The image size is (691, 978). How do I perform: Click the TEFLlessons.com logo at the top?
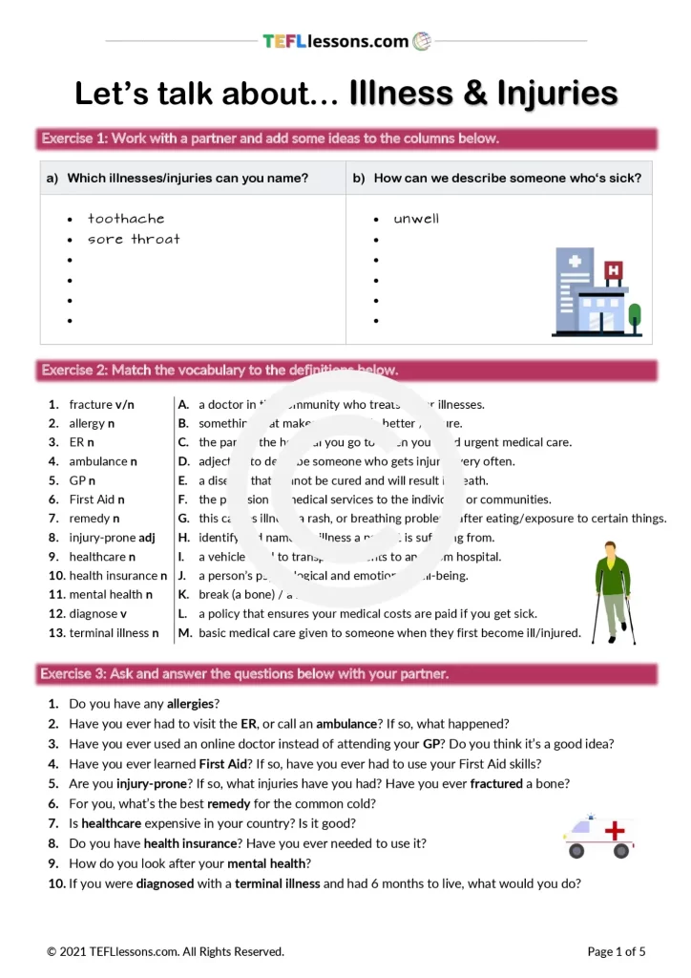click(346, 41)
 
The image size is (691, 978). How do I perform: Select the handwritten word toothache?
click(126, 219)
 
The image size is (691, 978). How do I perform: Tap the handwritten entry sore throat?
click(134, 240)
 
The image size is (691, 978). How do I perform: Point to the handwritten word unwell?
click(416, 219)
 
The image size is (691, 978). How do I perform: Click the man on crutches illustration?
click(612, 591)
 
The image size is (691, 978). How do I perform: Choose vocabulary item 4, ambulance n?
click(102, 461)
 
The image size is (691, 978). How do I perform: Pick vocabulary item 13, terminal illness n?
click(114, 632)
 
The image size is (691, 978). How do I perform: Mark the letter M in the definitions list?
click(184, 632)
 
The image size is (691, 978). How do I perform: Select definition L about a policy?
click(367, 613)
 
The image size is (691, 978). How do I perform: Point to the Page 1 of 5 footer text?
click(616, 951)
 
